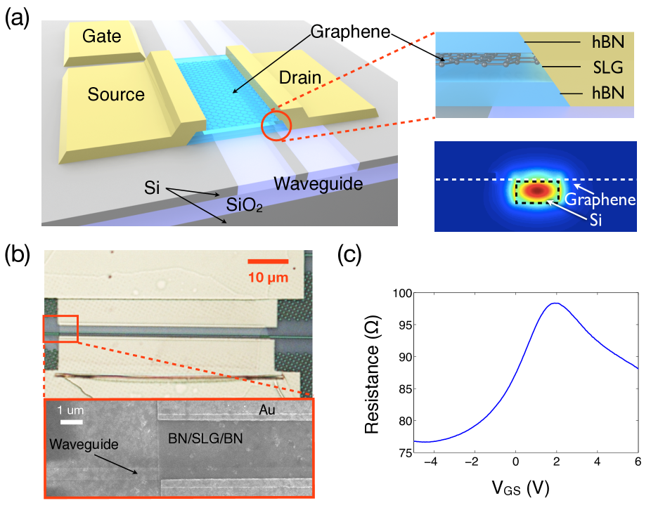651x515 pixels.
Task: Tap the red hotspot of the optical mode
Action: [x=537, y=190]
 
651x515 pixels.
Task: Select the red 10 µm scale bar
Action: [x=268, y=261]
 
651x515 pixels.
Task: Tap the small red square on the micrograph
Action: [x=60, y=328]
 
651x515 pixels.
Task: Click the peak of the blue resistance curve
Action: [x=555, y=303]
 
